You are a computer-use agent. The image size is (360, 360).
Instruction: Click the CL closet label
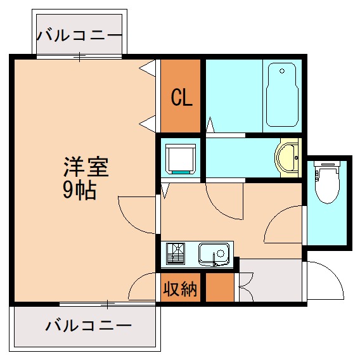pyautogui.click(x=180, y=98)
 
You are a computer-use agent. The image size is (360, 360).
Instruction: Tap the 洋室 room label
pyautogui.click(x=85, y=167)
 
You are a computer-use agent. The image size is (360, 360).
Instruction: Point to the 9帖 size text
pyautogui.click(x=79, y=190)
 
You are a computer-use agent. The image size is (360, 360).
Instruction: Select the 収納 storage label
pyautogui.click(x=180, y=289)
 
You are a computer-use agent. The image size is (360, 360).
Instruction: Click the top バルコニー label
pyautogui.click(x=79, y=35)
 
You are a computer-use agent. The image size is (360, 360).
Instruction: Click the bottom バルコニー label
pyautogui.click(x=88, y=326)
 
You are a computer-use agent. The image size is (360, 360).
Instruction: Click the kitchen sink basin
pyautogui.click(x=214, y=254)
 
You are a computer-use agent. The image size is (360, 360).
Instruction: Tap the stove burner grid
pyautogui.click(x=176, y=254)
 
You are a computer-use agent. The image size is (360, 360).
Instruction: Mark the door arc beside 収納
pyautogui.click(x=142, y=288)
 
